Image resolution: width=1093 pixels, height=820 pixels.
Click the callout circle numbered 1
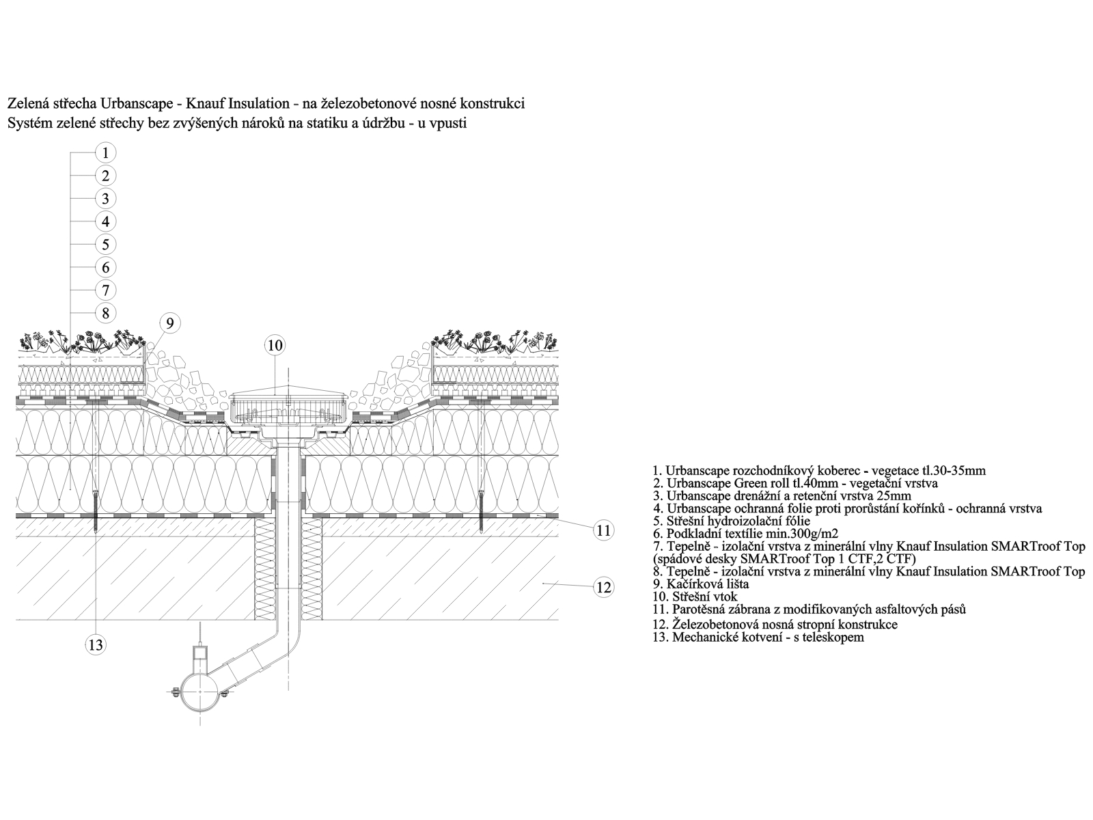105,153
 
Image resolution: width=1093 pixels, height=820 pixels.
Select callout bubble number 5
105,245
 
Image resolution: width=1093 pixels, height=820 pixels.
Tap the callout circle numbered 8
105,313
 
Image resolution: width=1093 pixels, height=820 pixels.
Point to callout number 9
170,324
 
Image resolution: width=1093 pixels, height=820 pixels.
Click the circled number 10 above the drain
275,346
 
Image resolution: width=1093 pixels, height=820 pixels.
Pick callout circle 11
603,531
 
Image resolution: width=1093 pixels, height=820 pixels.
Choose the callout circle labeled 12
603,588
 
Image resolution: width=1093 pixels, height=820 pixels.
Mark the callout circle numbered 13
95,645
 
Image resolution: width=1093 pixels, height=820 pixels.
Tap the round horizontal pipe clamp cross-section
199,692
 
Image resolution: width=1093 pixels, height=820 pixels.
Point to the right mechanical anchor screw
481,512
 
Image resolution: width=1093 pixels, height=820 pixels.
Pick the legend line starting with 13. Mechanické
758,637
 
